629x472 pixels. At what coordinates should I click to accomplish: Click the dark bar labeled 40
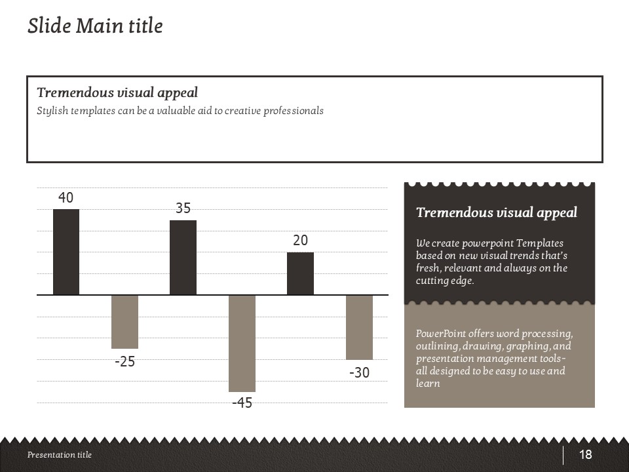(x=66, y=252)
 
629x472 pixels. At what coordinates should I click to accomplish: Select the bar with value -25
(x=124, y=321)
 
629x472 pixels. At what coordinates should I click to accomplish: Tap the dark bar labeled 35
(x=183, y=257)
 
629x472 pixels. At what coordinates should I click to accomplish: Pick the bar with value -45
(x=242, y=343)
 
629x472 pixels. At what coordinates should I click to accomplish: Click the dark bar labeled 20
(x=300, y=273)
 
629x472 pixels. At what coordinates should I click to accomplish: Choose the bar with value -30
(x=359, y=327)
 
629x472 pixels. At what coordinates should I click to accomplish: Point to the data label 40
(x=66, y=197)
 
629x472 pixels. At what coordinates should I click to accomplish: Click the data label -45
(x=242, y=403)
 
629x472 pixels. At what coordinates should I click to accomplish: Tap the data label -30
(x=359, y=373)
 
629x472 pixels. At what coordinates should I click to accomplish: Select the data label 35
(x=183, y=208)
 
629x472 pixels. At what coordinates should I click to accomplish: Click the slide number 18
(x=585, y=455)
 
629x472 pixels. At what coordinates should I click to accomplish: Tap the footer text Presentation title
(x=60, y=455)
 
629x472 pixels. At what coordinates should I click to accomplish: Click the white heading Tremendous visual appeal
(x=497, y=212)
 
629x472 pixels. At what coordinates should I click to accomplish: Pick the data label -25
(x=124, y=362)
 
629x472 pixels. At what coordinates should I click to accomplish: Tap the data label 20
(x=300, y=241)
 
